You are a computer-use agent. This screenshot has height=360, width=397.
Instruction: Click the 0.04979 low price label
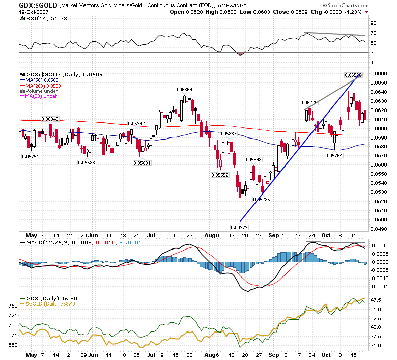click(239, 227)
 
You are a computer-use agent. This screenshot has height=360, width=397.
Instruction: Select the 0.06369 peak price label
click(184, 90)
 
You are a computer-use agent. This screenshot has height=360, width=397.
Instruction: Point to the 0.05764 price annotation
click(334, 155)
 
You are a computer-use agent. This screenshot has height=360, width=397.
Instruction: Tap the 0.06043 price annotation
click(50, 119)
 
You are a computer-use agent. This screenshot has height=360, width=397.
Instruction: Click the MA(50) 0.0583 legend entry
click(40, 80)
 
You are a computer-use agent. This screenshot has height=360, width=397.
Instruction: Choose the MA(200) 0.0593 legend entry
click(41, 86)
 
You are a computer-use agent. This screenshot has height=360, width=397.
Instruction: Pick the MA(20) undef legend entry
click(39, 96)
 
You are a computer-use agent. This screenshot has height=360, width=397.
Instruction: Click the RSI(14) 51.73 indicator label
click(44, 18)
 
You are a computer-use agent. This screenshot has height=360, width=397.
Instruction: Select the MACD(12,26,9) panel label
click(45, 243)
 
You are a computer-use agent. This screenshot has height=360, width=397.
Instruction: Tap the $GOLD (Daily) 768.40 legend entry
click(48, 304)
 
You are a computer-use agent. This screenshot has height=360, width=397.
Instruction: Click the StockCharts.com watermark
click(346, 5)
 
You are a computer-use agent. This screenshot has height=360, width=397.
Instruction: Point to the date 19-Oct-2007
click(34, 12)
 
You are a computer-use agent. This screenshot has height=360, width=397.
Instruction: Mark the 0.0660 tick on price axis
click(379, 73)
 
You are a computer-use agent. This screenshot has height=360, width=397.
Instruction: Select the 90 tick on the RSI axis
click(373, 23)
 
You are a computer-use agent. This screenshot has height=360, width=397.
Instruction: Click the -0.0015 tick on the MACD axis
click(379, 287)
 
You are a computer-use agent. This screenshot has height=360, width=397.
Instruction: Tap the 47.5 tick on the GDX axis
click(376, 300)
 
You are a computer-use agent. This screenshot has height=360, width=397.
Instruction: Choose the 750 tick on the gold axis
click(13, 306)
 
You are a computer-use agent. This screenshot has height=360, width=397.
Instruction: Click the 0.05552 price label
click(220, 175)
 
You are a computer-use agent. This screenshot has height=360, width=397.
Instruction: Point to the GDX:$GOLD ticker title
click(38, 5)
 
